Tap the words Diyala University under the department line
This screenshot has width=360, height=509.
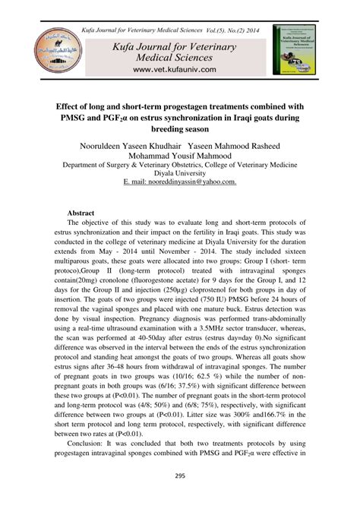tap(179, 173)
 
